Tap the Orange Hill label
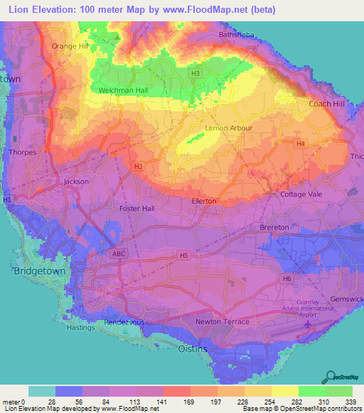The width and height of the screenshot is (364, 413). tap(69, 46)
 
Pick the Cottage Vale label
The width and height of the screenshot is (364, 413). tap(301, 194)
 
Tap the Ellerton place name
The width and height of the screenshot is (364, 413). tap(204, 202)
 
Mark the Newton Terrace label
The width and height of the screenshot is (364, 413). tap(223, 321)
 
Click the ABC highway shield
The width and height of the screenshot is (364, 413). tap(119, 253)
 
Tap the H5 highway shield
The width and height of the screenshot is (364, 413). tap(184, 255)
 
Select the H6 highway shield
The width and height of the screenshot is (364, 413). tap(287, 279)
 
